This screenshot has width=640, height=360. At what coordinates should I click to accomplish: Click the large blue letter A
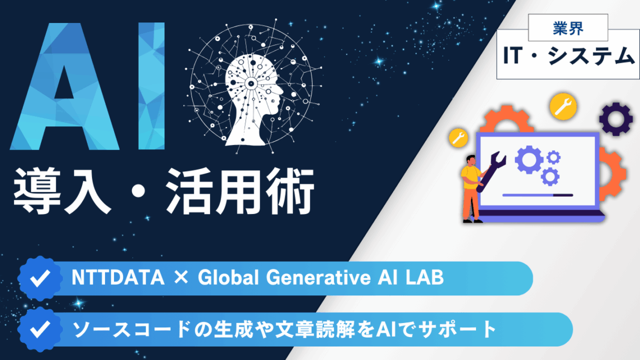coord(67,90)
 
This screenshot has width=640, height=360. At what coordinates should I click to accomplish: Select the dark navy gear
coord(615,120)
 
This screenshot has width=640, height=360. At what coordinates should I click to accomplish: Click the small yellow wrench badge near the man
coord(459,137)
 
